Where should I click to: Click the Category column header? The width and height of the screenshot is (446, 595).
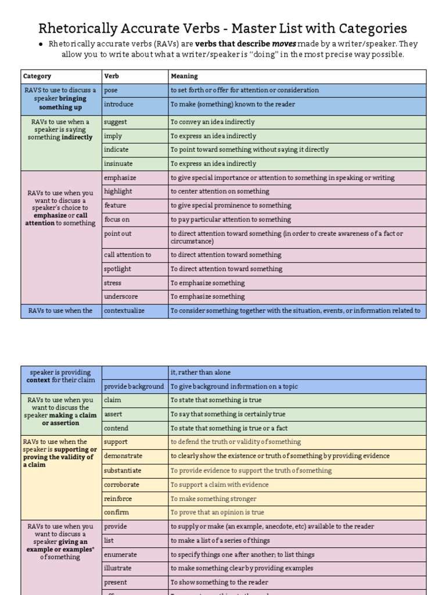coord(37,76)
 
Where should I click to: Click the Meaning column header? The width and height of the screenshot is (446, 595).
coord(184,76)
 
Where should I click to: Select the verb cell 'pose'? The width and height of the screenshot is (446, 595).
coord(110,90)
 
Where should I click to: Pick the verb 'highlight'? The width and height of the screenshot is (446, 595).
coord(118,191)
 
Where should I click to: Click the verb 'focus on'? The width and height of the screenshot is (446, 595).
coord(116,220)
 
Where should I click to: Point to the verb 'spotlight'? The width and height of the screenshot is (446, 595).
coord(117,269)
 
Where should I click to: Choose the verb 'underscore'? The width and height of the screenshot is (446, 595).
coord(121,296)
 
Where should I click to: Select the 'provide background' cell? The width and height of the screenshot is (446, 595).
coord(134,386)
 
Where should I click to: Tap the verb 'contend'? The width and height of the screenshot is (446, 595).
coord(116,428)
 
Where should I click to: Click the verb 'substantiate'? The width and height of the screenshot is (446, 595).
coord(123,471)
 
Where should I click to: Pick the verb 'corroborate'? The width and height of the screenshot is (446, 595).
coord(122,485)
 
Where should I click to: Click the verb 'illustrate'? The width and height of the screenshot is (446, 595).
coord(118,568)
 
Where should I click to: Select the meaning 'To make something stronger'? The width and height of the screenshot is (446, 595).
coord(213,499)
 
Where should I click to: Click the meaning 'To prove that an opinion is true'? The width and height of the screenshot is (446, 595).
coord(217,512)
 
